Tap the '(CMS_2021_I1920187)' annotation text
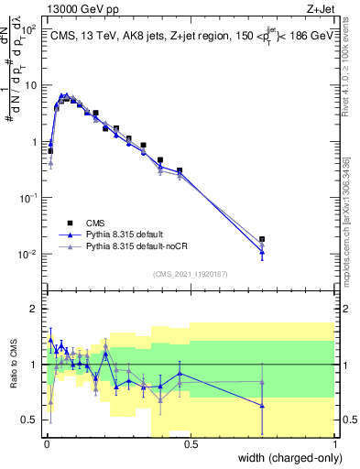pos(191,272)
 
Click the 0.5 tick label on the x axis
pos(189,445)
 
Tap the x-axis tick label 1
pos(335,445)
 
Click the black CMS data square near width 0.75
pos(262,239)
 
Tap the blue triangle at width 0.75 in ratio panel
pos(262,406)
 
